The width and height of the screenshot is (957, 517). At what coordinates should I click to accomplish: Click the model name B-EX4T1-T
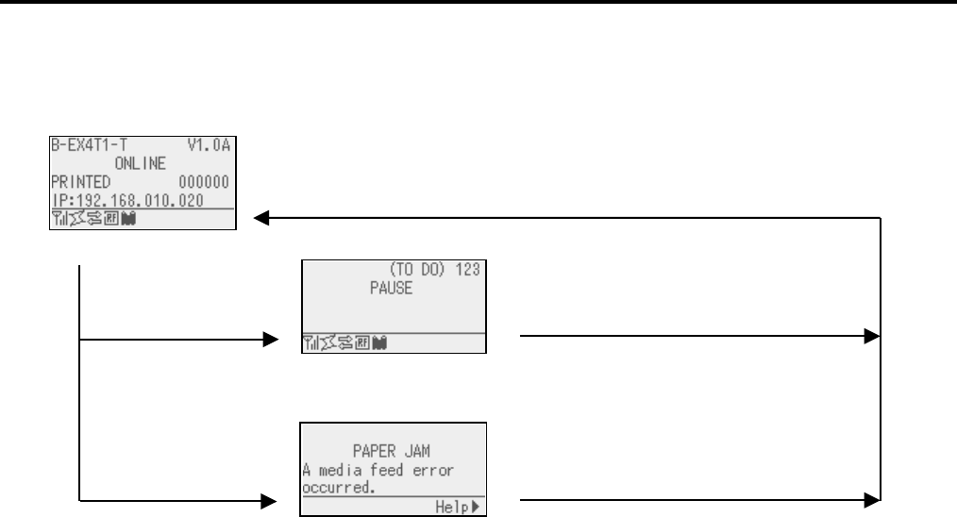pos(81,145)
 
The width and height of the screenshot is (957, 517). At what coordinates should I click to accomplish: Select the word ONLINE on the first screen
pos(141,162)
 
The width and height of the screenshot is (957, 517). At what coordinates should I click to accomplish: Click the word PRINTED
pos(78,179)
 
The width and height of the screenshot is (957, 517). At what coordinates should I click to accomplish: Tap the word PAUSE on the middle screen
pos(391,289)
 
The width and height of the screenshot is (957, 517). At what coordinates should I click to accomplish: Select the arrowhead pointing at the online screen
pos(262,218)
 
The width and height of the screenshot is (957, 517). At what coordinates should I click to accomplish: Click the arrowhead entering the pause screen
pos(273,337)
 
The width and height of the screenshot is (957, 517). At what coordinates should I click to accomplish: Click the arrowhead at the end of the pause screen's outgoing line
pos(873,337)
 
